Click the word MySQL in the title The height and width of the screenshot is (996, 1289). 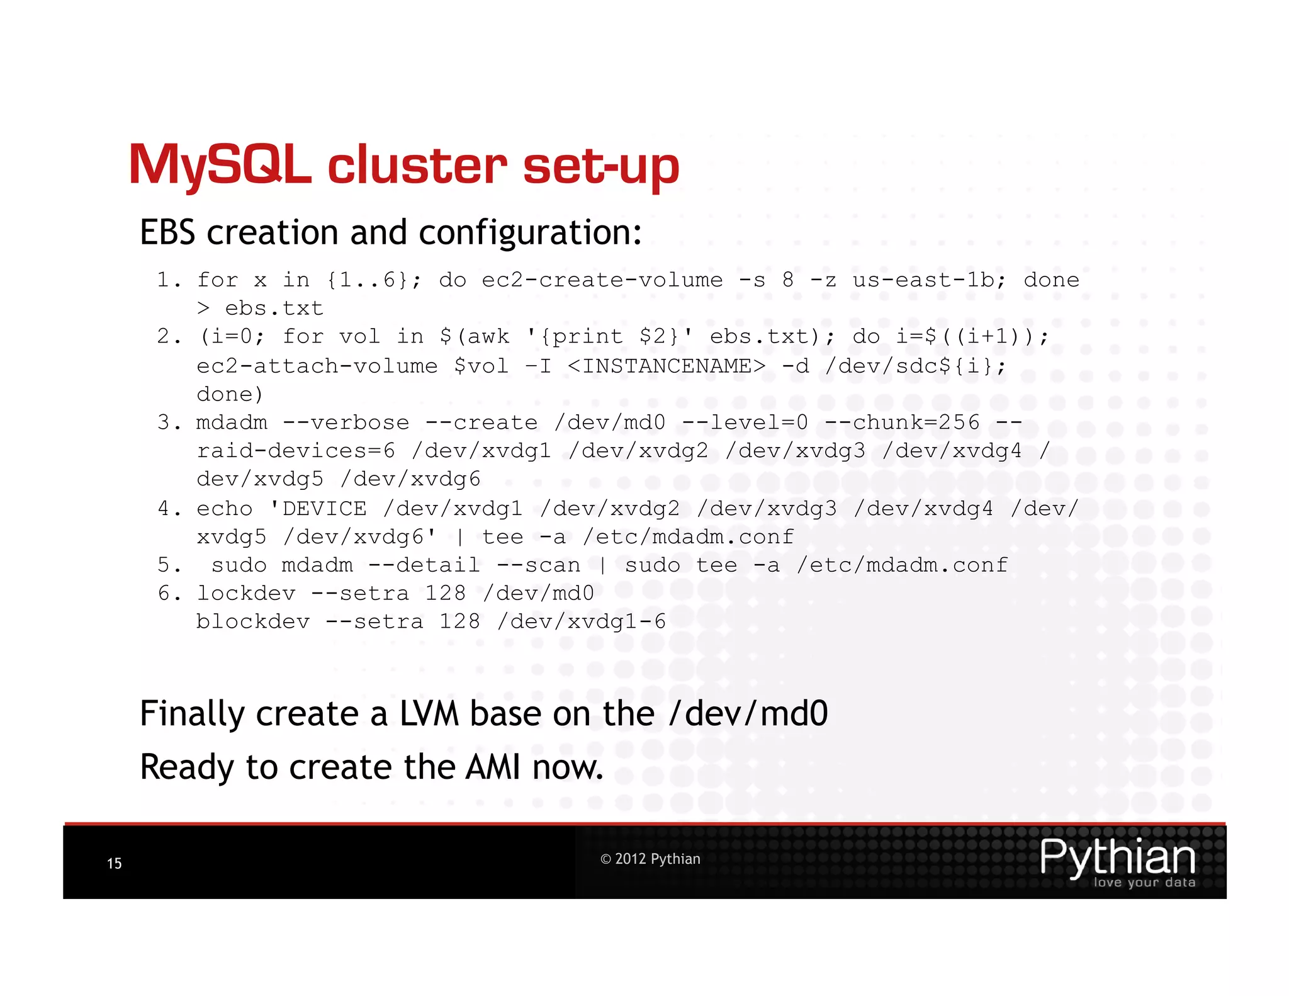(220, 166)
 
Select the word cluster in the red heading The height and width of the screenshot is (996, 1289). (417, 166)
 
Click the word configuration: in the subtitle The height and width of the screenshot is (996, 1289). (530, 234)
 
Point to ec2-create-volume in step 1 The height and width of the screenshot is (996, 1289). (602, 280)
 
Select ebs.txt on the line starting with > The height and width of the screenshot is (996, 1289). (274, 308)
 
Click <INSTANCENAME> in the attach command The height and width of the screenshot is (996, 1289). (667, 366)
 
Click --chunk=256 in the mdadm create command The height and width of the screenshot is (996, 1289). (902, 422)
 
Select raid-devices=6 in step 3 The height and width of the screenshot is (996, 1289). (296, 451)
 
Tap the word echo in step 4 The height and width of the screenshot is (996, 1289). (225, 508)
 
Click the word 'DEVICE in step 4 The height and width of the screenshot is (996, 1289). (318, 508)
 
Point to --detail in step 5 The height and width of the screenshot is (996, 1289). (424, 565)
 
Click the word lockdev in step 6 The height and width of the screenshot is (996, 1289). (245, 593)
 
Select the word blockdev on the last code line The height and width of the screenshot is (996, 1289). (253, 622)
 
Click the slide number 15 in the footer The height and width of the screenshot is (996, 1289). (115, 863)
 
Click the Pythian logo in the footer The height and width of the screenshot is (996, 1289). (1117, 861)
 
